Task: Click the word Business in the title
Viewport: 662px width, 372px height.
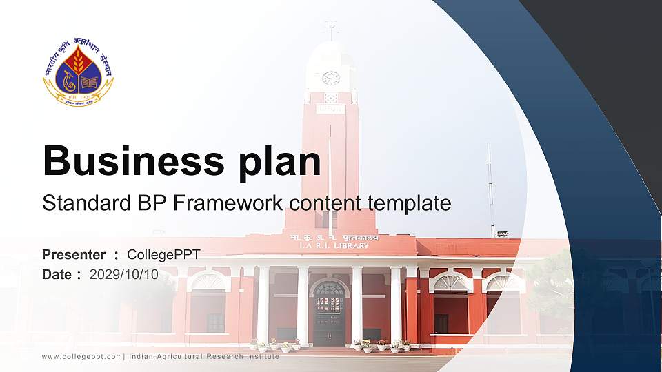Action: tap(128, 161)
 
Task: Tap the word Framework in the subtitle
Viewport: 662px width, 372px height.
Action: tap(230, 203)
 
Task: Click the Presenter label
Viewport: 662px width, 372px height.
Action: tap(74, 255)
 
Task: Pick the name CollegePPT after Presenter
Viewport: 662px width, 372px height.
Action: tap(163, 255)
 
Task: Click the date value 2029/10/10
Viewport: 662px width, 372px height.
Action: tap(124, 274)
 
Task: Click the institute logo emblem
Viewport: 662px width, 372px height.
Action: tap(78, 72)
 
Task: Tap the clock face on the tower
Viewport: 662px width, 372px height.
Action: tap(331, 78)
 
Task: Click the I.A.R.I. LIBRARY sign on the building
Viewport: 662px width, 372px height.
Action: tap(334, 245)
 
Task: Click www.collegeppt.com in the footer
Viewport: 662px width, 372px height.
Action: tap(81, 356)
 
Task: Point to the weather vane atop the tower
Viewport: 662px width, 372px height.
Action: tap(332, 29)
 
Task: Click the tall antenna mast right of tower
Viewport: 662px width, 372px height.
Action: tap(490, 186)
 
